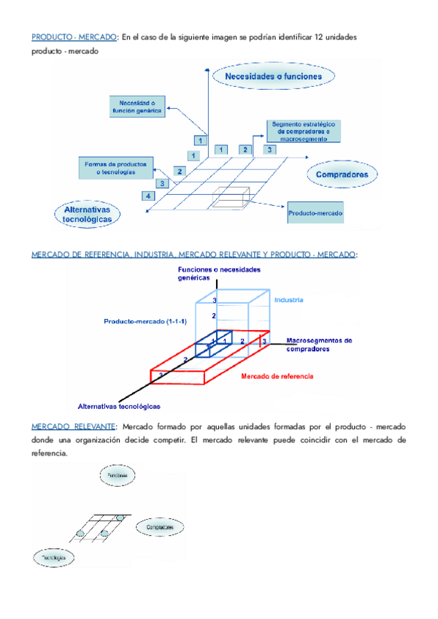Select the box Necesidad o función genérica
[x=137, y=107]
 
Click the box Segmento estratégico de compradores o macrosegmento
[x=303, y=131]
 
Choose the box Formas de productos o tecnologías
[x=118, y=167]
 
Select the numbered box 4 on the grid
[x=148, y=196]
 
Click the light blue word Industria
[x=288, y=300]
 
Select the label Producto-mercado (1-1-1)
[x=143, y=321]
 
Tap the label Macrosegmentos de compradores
[x=319, y=344]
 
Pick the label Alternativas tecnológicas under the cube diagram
[x=119, y=406]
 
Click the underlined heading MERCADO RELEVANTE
[x=73, y=426]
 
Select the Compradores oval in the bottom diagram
[x=159, y=527]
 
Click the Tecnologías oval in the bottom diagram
[x=54, y=558]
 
